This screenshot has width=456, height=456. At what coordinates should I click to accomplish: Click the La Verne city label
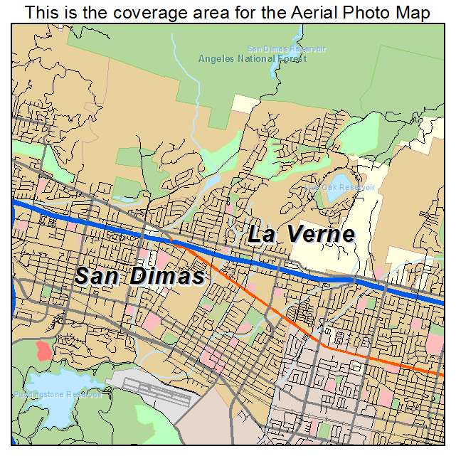(302, 234)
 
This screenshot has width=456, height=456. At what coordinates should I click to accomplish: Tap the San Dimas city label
(139, 275)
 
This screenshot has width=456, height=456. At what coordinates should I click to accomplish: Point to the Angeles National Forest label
(253, 58)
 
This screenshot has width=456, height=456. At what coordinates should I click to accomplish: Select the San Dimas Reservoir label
(286, 48)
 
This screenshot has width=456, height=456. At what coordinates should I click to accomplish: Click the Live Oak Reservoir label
(339, 187)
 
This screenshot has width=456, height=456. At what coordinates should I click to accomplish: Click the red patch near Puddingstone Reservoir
(43, 350)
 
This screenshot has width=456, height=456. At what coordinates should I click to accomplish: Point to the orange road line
(285, 313)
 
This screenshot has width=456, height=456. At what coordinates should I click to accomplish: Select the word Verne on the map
(321, 234)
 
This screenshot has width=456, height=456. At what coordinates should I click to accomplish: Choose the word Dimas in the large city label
(169, 275)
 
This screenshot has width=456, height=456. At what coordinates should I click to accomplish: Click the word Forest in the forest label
(292, 58)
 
